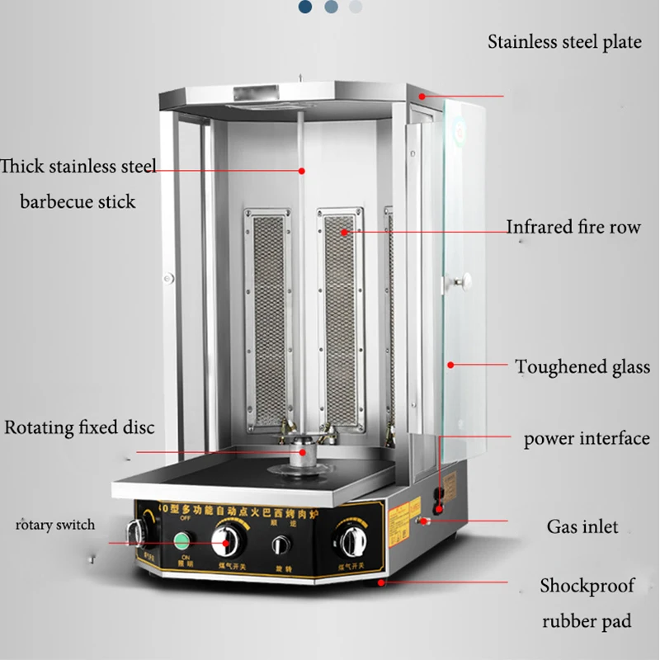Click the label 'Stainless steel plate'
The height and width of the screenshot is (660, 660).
coord(563,42)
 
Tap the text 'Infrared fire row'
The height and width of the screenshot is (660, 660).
coord(573,227)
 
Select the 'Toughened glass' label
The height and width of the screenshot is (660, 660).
coord(582,367)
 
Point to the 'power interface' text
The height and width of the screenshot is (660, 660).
coord(586,439)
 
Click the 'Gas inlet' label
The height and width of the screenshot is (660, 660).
coord(582,526)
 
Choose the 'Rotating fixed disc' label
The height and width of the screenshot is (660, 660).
coord(79,428)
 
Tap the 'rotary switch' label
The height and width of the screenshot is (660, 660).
coord(54,525)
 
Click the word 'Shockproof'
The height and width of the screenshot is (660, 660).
coord(587,587)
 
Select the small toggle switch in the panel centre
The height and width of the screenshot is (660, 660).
coord(281,544)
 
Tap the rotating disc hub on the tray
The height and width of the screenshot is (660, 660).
coord(304,452)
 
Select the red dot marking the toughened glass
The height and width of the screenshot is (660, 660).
coord(450,364)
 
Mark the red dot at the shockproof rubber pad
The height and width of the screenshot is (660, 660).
coord(380,582)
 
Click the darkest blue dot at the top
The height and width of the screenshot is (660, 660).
coord(305,7)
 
